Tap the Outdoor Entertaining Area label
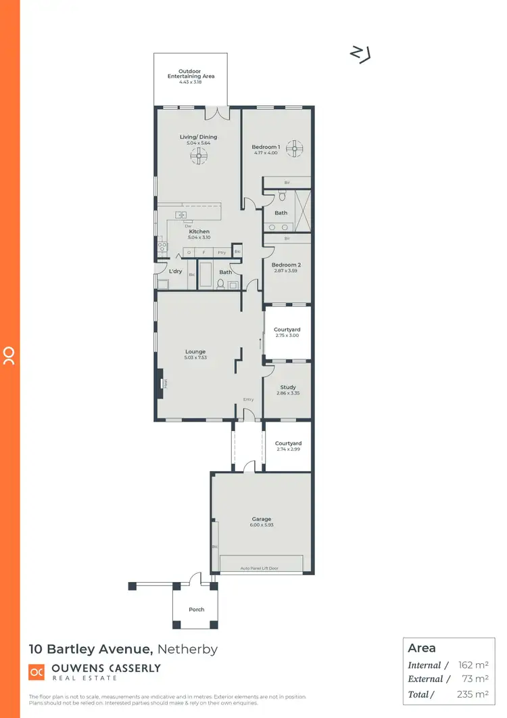coord(191,74)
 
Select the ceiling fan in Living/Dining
coord(198,157)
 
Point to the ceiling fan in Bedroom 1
coord(295,149)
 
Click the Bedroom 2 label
coord(286,265)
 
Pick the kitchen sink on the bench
coord(181,215)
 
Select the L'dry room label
coord(176,271)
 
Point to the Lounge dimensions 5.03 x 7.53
coord(195,357)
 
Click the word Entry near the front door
coord(249,399)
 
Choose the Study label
coord(287,388)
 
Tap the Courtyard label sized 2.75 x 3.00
coord(287,330)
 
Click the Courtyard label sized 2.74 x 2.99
coord(288,444)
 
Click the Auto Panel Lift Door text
coord(260,568)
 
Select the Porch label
coord(197,610)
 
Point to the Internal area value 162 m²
coord(473,665)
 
